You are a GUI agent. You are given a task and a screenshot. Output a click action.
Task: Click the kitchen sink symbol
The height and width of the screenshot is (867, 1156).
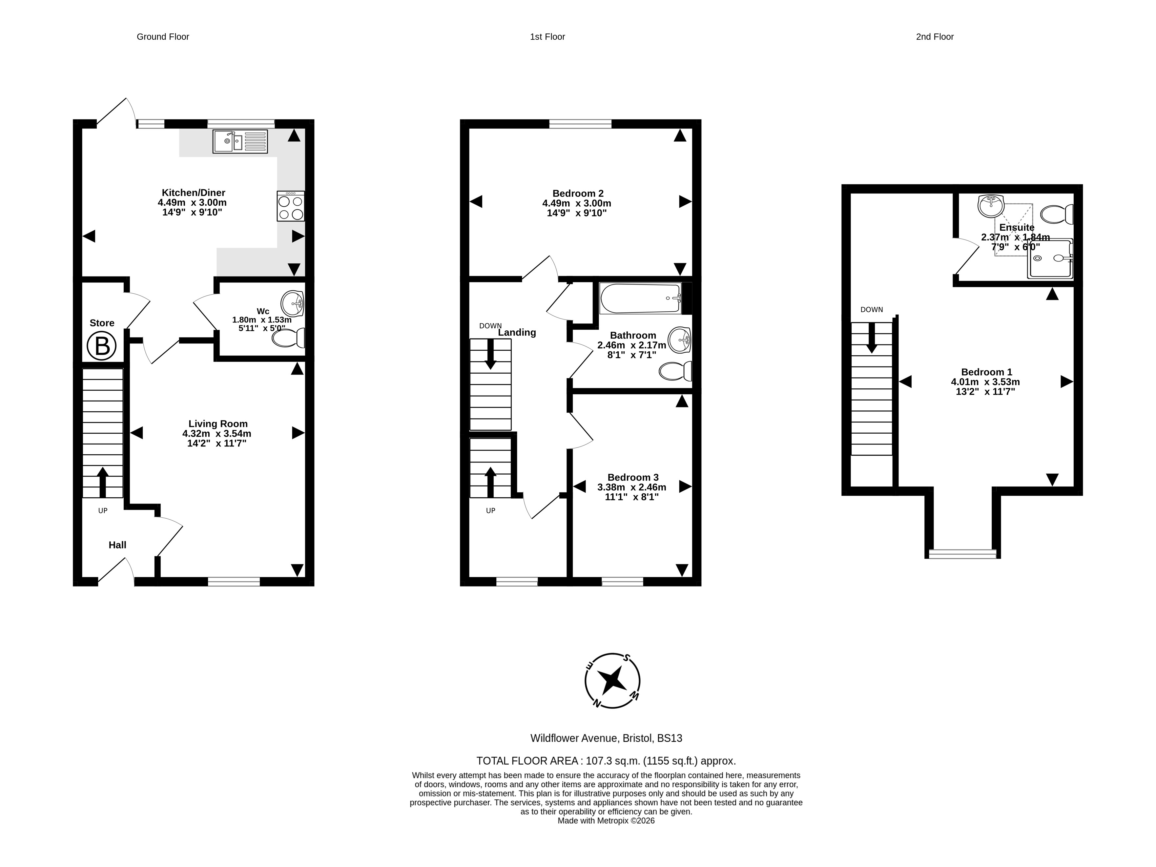pyautogui.click(x=240, y=142)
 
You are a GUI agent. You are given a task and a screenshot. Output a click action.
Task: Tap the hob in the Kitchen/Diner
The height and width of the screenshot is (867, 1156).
pyautogui.click(x=291, y=206)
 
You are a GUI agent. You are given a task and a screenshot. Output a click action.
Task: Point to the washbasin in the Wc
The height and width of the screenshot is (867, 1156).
pyautogui.click(x=293, y=304)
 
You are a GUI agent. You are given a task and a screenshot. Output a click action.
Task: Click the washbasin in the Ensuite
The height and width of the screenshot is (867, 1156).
pyautogui.click(x=991, y=206)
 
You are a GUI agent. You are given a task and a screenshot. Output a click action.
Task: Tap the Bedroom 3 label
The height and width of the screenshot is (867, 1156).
pyautogui.click(x=633, y=477)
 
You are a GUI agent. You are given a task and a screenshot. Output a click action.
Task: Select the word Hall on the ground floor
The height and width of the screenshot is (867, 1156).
pyautogui.click(x=117, y=545)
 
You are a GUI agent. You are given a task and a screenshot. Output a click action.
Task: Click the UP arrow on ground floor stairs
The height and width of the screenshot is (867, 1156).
pyautogui.click(x=102, y=482)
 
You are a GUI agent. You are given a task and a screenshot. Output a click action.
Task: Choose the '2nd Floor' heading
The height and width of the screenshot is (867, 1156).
pyautogui.click(x=935, y=37)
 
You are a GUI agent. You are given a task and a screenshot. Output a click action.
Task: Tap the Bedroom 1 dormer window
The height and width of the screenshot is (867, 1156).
pyautogui.click(x=963, y=554)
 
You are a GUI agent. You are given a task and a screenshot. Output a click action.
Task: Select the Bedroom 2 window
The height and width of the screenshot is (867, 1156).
pyautogui.click(x=580, y=124)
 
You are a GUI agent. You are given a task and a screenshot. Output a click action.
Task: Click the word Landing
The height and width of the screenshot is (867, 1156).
pyautogui.click(x=517, y=332)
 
